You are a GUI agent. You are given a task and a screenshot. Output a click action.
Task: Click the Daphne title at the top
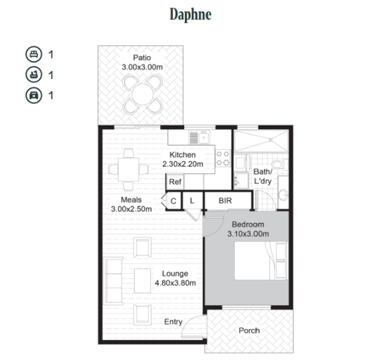point(190,14)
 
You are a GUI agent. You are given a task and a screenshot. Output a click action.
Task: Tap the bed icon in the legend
point(34,54)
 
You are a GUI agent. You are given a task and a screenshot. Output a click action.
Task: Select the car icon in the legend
point(34,95)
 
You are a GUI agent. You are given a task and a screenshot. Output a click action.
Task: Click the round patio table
point(143,94)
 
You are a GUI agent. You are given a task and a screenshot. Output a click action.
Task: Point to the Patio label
point(142,58)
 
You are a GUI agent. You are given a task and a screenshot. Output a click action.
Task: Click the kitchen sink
point(199,137)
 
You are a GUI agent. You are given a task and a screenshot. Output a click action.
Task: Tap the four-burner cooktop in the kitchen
point(222,158)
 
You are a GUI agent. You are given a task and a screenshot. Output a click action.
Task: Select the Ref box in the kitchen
point(175,182)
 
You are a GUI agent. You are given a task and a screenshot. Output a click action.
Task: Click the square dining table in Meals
point(128,169)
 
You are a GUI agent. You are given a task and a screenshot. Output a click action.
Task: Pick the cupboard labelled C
point(173,201)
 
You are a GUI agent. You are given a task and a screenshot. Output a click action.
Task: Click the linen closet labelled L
point(193,200)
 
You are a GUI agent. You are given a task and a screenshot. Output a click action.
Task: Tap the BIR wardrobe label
point(225,200)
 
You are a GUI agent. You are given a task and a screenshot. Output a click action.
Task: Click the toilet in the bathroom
point(280,164)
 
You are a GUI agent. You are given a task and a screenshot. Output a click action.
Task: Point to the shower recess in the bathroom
point(261,141)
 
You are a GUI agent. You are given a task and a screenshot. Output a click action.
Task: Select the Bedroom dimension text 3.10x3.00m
point(248,234)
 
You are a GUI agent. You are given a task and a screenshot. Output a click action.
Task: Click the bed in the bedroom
point(261,261)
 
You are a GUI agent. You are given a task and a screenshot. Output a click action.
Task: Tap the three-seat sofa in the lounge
point(114,281)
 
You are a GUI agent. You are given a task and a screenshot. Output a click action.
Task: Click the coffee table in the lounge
point(142,281)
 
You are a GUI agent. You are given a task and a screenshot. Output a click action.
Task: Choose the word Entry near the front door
point(173,322)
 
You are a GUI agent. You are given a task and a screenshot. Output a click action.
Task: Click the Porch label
point(249,331)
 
